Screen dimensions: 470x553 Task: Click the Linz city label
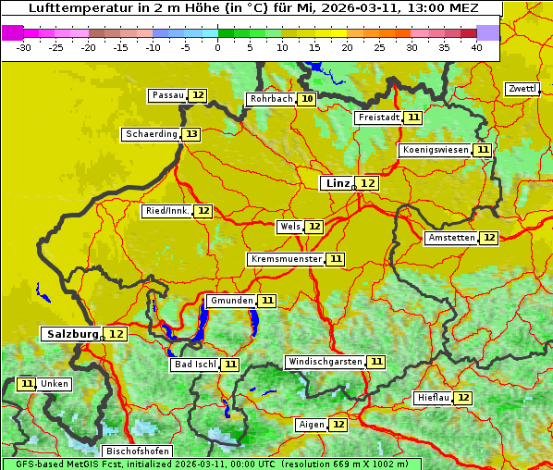tap(338, 183)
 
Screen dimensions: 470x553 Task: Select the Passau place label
tap(168, 95)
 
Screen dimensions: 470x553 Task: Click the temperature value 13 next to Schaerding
tap(190, 134)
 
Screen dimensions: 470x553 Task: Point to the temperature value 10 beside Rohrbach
tap(307, 99)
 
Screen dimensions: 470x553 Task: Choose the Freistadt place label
tap(379, 117)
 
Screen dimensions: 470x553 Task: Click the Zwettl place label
tap(522, 89)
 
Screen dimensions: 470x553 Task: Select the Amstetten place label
tap(451, 238)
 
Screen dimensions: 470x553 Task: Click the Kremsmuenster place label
tap(286, 259)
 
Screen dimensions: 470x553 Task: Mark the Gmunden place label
tap(230, 301)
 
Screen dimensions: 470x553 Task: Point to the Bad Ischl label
tap(194, 365)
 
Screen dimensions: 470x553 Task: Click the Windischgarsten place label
tap(324, 362)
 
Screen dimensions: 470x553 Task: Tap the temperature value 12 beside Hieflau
tap(462, 398)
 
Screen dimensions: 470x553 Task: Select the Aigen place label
tap(312, 425)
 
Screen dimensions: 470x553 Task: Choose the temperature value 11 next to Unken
tap(27, 384)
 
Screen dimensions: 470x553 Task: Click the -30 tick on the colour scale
tap(24, 46)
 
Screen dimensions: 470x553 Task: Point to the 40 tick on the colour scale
tap(475, 46)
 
